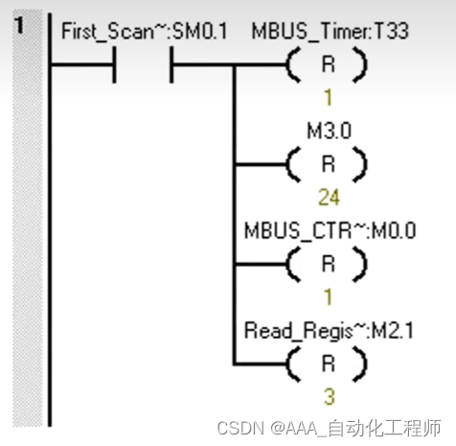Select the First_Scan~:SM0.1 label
(x=144, y=31)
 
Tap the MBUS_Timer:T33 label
(x=330, y=31)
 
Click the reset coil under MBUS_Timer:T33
(x=328, y=65)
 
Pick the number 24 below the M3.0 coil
(x=328, y=197)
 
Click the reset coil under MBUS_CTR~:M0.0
(x=328, y=263)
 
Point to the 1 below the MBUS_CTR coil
(x=328, y=296)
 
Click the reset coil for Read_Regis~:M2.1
(x=328, y=363)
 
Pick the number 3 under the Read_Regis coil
(x=328, y=396)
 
